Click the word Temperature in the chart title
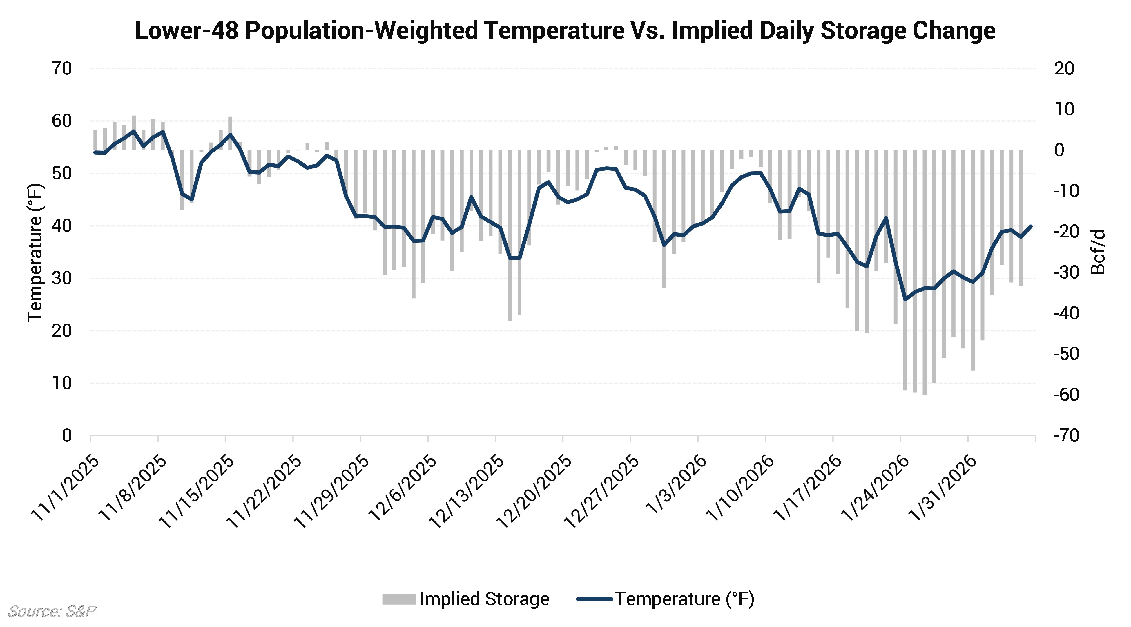pyautogui.click(x=551, y=31)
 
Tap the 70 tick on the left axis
pyautogui.click(x=61, y=69)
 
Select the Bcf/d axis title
pyautogui.click(x=1098, y=252)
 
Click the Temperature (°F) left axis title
pyautogui.click(x=35, y=252)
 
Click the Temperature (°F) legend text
pyautogui.click(x=684, y=599)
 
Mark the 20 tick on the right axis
pyautogui.click(x=1064, y=69)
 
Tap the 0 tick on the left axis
pyautogui.click(x=67, y=436)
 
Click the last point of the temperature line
pyautogui.click(x=1031, y=226)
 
